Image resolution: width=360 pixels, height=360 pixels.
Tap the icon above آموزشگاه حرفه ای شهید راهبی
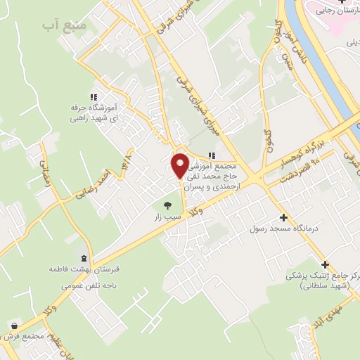tap(93, 98)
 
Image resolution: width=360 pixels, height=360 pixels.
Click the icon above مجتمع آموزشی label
tap(212, 156)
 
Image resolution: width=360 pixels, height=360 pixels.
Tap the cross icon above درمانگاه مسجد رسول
tap(283, 217)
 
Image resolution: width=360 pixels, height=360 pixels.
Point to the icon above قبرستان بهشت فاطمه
tap(84, 258)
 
